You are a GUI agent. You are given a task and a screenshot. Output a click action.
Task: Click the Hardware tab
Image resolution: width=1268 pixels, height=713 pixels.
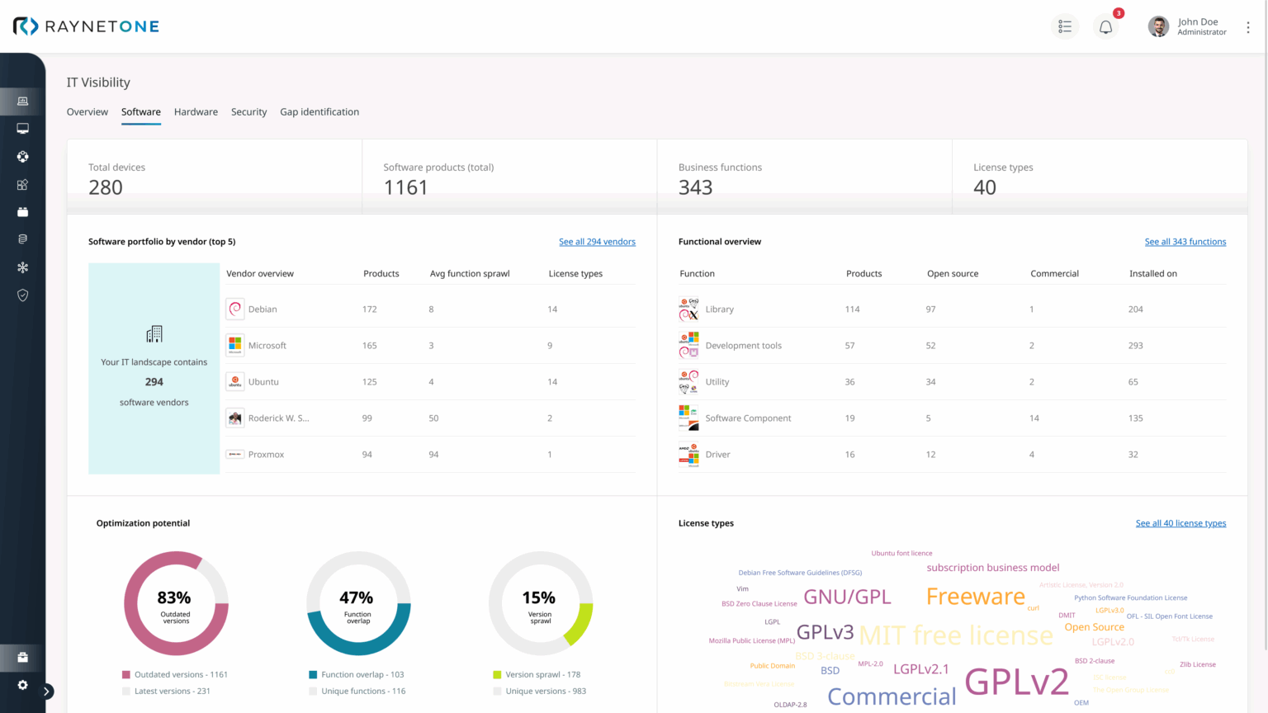pyautogui.click(x=196, y=112)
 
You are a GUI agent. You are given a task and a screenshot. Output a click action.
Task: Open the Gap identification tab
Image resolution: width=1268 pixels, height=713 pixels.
pyautogui.click(x=319, y=112)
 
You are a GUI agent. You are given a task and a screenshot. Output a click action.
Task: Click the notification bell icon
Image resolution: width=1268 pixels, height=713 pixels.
pyautogui.click(x=1105, y=27)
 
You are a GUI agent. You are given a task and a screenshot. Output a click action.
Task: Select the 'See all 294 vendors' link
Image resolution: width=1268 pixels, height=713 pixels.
pyautogui.click(x=597, y=242)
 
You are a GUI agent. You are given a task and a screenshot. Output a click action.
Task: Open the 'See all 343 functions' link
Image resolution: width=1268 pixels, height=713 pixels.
pyautogui.click(x=1185, y=242)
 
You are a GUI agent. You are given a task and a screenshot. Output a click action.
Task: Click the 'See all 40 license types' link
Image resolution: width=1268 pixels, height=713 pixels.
pyautogui.click(x=1180, y=523)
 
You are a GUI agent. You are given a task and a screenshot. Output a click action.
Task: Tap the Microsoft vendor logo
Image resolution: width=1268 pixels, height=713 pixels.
pyautogui.click(x=235, y=345)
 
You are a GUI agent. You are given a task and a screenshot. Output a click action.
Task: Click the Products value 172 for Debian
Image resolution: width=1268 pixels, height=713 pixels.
pyautogui.click(x=369, y=309)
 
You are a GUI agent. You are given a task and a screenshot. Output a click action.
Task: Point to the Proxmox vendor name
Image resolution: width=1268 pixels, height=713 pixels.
pyautogui.click(x=266, y=455)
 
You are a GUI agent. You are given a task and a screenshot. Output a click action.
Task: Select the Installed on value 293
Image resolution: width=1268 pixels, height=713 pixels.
pyautogui.click(x=1135, y=346)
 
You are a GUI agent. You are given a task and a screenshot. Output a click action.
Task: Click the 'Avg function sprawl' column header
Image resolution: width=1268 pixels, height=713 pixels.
pyautogui.click(x=470, y=274)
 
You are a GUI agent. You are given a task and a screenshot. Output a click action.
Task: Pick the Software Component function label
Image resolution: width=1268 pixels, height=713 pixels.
pyautogui.click(x=748, y=418)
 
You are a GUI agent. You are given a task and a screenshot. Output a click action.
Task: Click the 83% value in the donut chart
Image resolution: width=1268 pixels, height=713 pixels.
pyautogui.click(x=174, y=597)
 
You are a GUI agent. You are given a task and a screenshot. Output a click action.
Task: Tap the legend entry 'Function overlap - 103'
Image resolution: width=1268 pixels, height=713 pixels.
pyautogui.click(x=362, y=675)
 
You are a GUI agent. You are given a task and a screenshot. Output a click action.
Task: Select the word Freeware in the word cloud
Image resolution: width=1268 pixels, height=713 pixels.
pyautogui.click(x=975, y=597)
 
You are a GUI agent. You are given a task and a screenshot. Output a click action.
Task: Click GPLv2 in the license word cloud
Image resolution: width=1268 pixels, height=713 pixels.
pyautogui.click(x=1016, y=682)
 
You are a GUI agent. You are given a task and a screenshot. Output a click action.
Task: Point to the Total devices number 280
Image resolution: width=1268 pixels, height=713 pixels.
pyautogui.click(x=106, y=188)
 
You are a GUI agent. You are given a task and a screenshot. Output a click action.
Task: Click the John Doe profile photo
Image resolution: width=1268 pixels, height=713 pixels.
pyautogui.click(x=1158, y=27)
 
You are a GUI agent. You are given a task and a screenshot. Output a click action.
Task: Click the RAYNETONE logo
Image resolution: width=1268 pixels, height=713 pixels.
pyautogui.click(x=86, y=26)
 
